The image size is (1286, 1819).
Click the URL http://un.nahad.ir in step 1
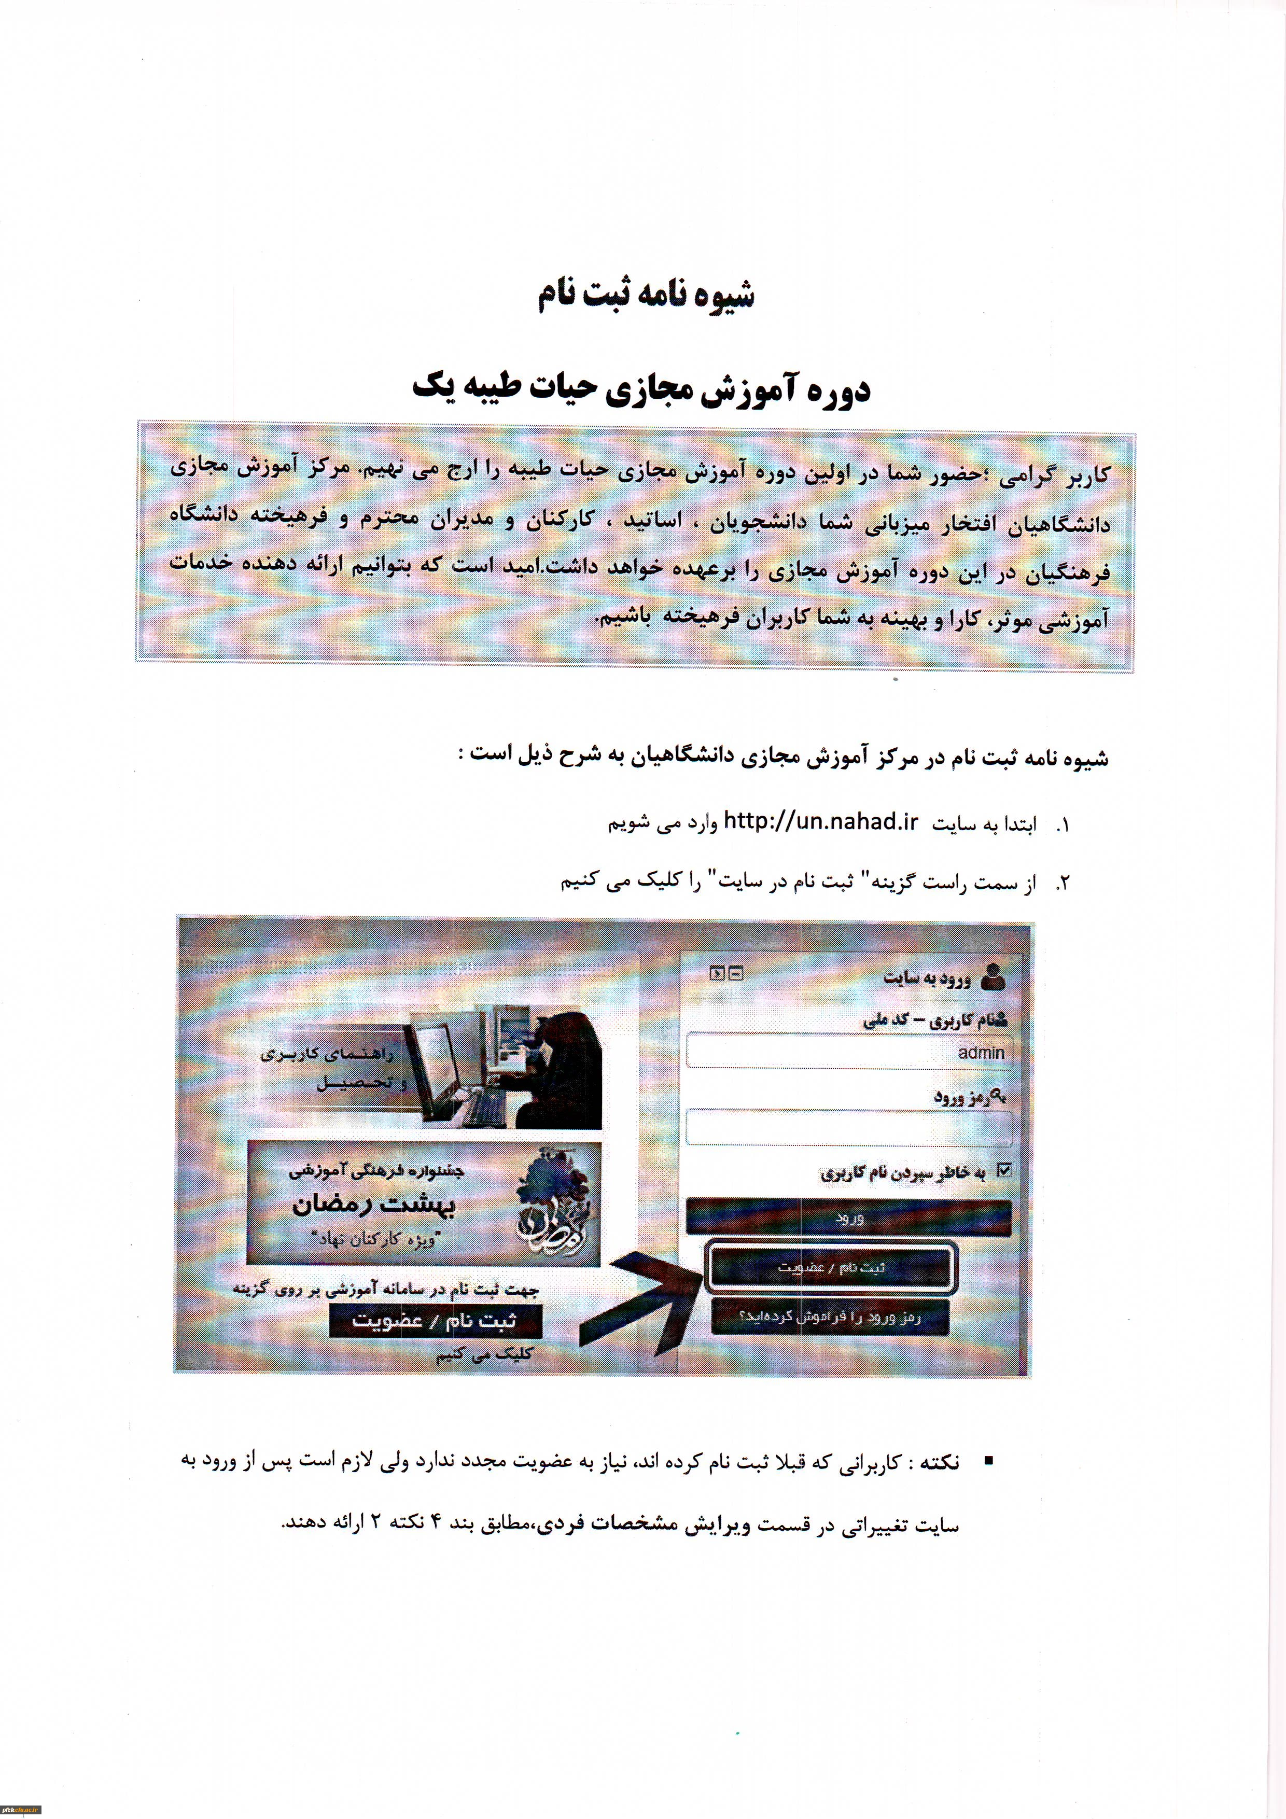tap(821, 822)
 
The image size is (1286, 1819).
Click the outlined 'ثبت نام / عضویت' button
tap(830, 1267)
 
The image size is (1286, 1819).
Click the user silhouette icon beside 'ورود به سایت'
tap(992, 977)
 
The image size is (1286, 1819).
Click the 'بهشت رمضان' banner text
tap(374, 1205)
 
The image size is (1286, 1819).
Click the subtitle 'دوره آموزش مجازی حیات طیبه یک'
tap(642, 389)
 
